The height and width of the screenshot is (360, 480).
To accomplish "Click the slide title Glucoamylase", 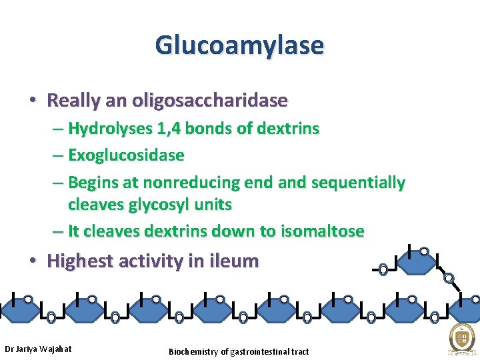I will click(239, 45).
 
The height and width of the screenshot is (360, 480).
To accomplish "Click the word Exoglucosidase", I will click(126, 155).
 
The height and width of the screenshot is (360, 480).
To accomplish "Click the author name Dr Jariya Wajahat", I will click(38, 349).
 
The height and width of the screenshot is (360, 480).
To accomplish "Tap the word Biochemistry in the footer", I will click(193, 351).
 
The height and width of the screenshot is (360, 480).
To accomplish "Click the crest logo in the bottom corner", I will click(461, 339).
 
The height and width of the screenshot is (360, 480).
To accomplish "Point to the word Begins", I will click(92, 183).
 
